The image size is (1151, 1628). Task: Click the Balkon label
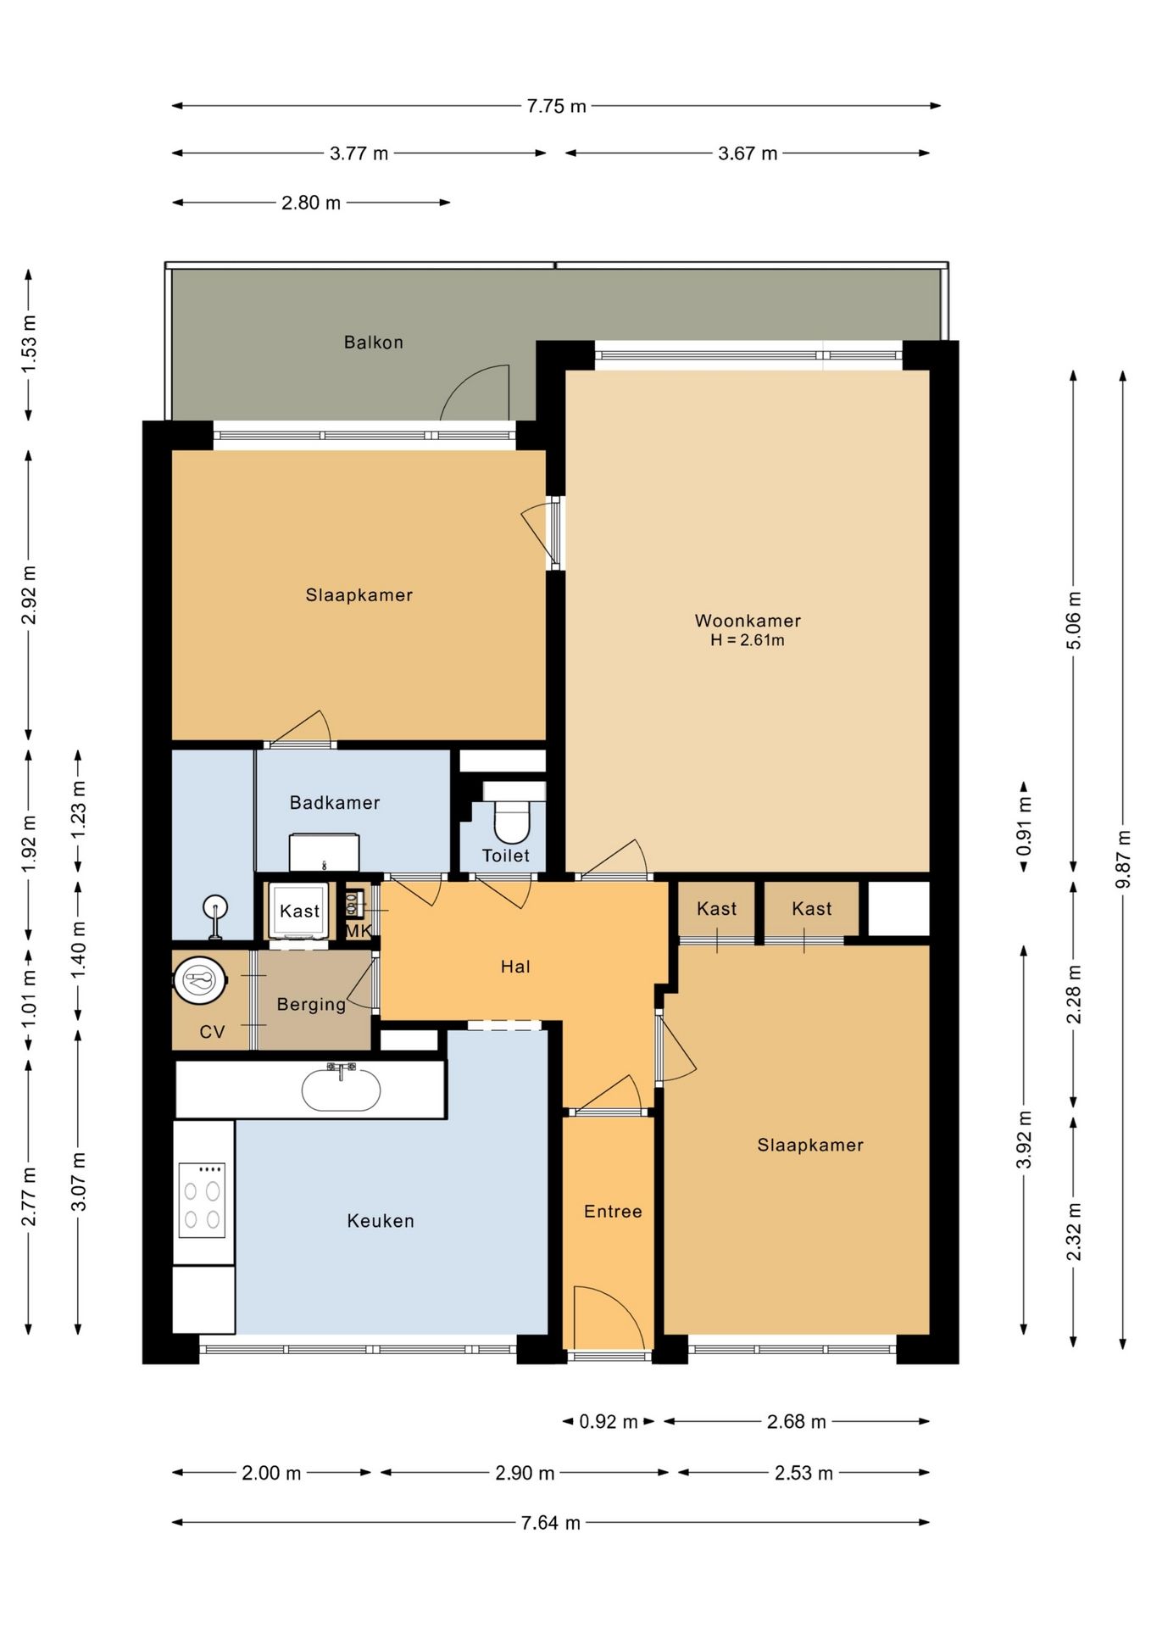click(373, 343)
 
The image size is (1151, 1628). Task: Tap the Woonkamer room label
click(748, 621)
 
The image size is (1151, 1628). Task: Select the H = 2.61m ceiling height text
click(748, 640)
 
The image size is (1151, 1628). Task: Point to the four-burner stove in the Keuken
click(202, 1200)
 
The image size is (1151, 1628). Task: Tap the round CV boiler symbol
click(200, 981)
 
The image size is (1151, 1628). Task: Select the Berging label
click(311, 1005)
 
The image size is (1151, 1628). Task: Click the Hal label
click(515, 967)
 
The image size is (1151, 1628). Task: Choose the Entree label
click(613, 1212)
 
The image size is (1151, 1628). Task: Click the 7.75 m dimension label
click(556, 106)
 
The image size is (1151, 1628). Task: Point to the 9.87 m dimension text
click(1123, 859)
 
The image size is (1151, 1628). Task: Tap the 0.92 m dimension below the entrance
click(609, 1422)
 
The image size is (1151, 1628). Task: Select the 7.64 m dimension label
click(551, 1523)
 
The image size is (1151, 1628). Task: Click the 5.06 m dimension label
click(1073, 620)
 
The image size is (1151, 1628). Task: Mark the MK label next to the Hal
click(358, 931)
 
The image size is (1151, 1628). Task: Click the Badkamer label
click(335, 803)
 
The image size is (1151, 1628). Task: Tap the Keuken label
click(381, 1221)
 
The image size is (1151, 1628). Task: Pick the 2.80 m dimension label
click(311, 203)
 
